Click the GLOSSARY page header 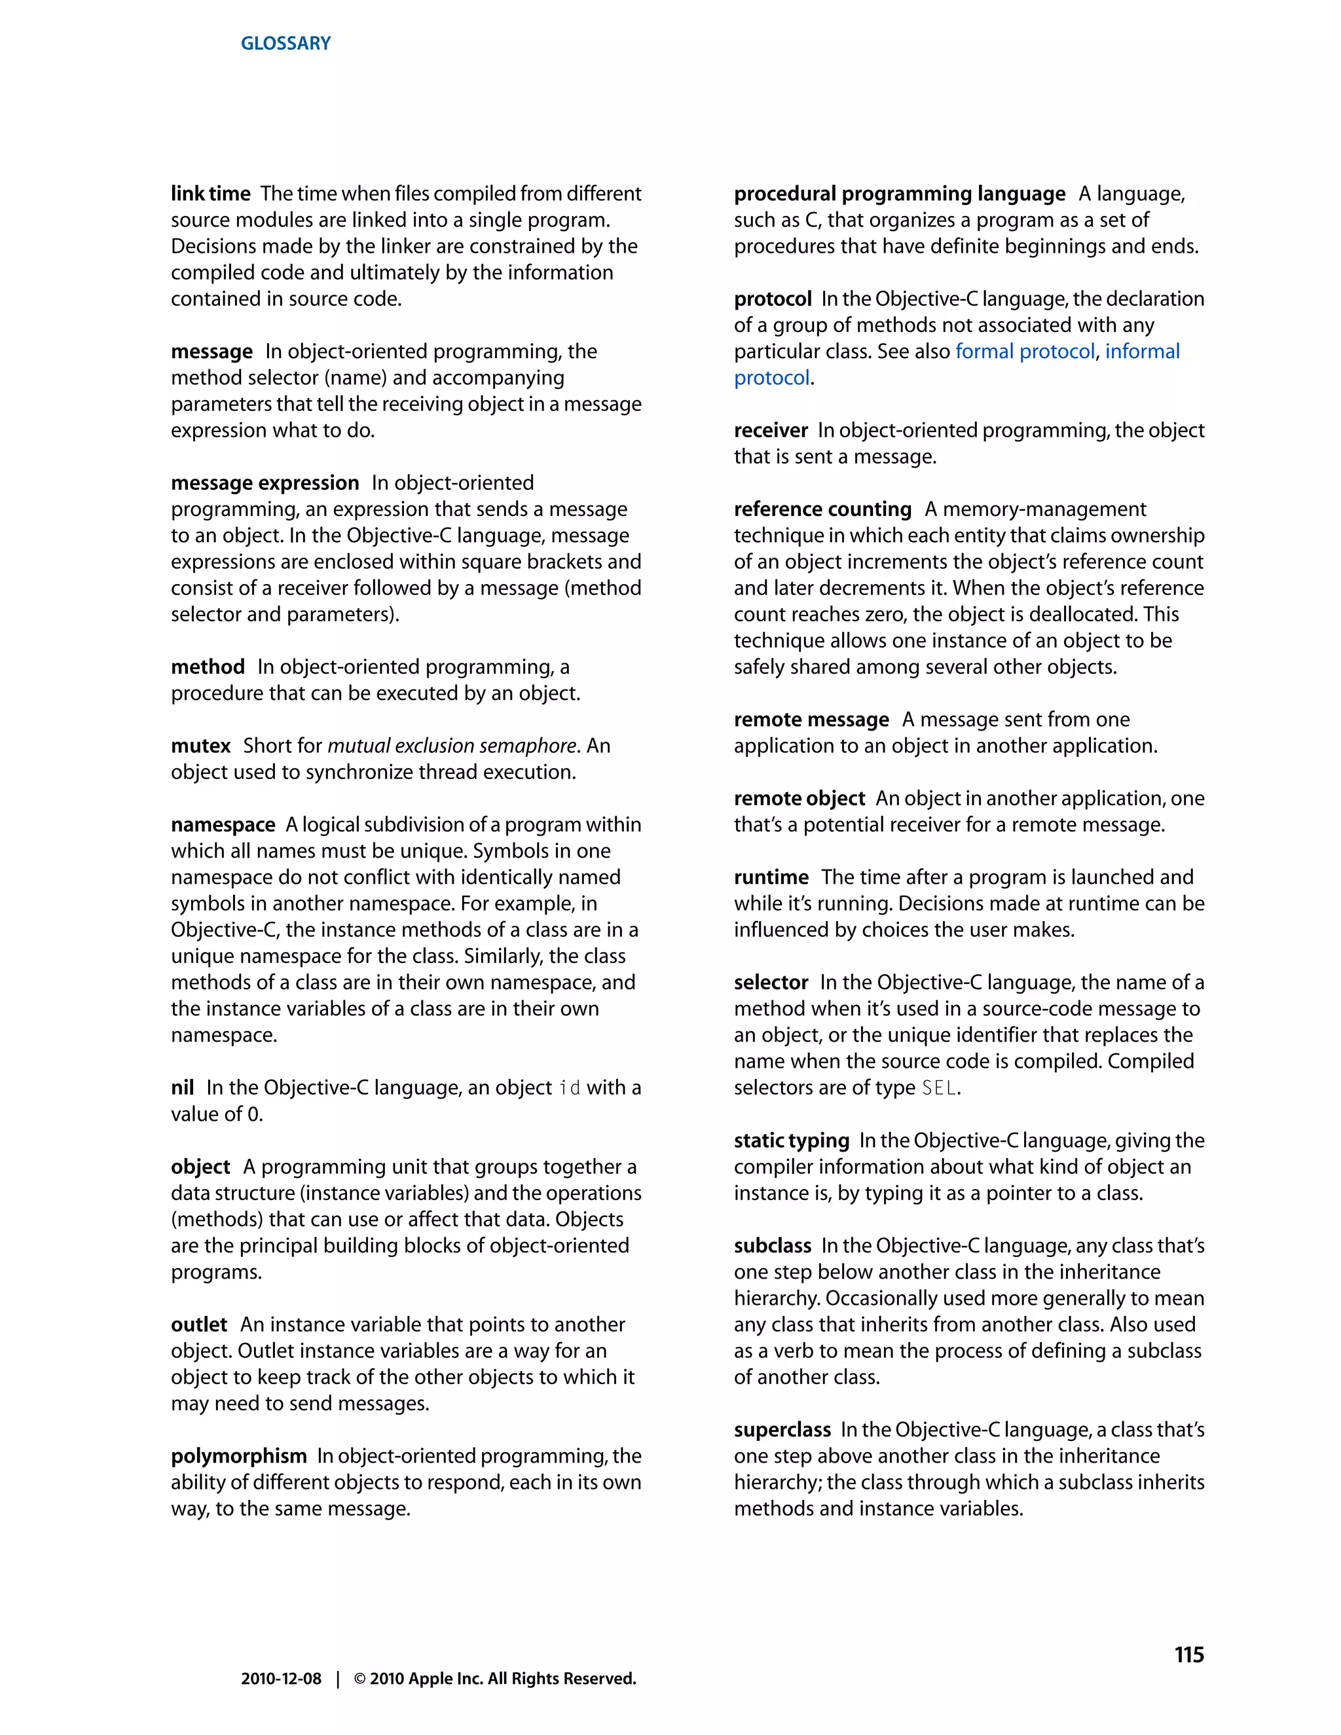(x=285, y=43)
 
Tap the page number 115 (x=1188, y=1654)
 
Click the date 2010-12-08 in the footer (x=281, y=1679)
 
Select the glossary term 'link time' (x=211, y=194)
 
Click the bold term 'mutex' (x=200, y=746)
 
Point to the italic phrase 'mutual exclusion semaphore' (x=451, y=746)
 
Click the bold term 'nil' (x=182, y=1087)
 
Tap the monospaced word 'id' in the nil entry (x=569, y=1087)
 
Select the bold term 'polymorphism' (x=238, y=1456)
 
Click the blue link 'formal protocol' (x=1025, y=351)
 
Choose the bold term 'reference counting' (x=822, y=509)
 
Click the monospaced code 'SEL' (x=938, y=1087)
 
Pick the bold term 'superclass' (x=782, y=1430)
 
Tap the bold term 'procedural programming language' (x=899, y=194)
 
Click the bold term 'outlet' (x=198, y=1324)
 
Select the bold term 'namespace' (x=223, y=824)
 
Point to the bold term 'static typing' (x=791, y=1141)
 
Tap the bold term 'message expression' (x=265, y=483)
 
